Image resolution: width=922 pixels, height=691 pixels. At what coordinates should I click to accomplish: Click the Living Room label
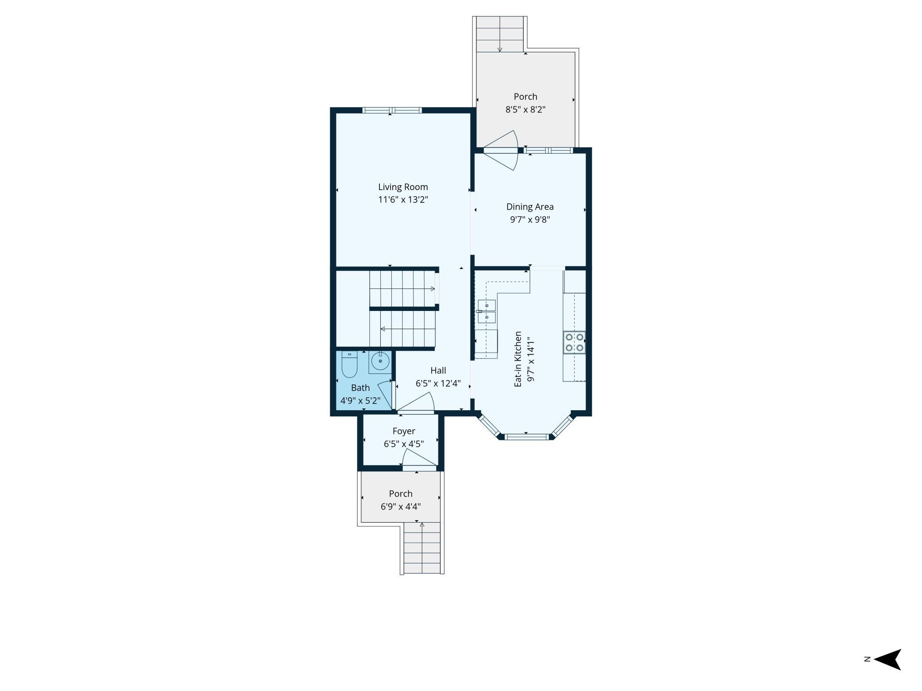[402, 187]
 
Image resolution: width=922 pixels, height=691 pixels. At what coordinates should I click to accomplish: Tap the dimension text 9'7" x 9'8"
[530, 219]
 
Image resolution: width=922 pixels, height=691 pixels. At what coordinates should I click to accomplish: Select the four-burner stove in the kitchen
[574, 342]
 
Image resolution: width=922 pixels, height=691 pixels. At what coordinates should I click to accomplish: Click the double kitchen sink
[486, 311]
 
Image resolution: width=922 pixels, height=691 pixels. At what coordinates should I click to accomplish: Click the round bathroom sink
[380, 361]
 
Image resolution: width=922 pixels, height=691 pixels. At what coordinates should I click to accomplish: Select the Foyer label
[403, 431]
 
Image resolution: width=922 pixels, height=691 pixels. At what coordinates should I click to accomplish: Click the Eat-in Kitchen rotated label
[518, 359]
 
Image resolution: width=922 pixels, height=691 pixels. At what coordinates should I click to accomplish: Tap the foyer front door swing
[418, 458]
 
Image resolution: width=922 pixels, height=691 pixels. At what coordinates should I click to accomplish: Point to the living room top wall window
[392, 110]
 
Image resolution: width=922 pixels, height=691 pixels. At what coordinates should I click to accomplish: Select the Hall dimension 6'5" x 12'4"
[438, 384]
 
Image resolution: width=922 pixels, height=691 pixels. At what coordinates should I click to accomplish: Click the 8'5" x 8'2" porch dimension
[525, 109]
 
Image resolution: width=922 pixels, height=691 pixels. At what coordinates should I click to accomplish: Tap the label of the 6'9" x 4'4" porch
[400, 493]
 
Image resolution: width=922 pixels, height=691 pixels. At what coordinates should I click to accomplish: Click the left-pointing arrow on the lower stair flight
[382, 329]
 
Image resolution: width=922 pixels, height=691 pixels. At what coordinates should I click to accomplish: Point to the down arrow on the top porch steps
[500, 49]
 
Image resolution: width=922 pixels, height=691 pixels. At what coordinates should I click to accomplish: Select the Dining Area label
[530, 206]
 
